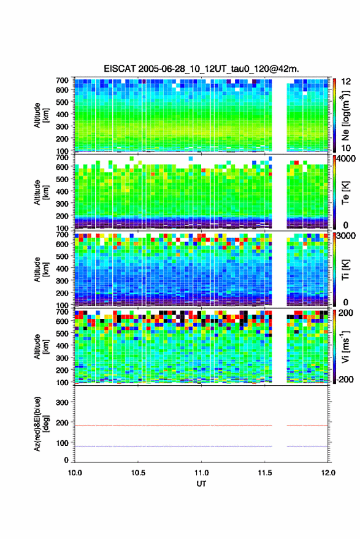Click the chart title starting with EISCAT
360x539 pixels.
(x=202, y=69)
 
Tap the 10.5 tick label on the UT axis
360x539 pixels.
(x=138, y=473)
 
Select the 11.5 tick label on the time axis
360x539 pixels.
(x=265, y=473)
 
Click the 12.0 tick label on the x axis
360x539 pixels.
(x=328, y=473)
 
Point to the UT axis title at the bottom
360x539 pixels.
(x=201, y=484)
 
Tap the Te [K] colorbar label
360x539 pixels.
(x=345, y=193)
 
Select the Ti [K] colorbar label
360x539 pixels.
(x=345, y=270)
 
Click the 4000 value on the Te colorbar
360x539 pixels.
(x=346, y=159)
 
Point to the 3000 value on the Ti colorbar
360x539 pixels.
(x=346, y=236)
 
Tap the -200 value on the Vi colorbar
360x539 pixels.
(x=345, y=379)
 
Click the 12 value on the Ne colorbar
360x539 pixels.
(x=346, y=82)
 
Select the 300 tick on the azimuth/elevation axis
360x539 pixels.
(x=62, y=402)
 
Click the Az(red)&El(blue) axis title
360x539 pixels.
(x=40, y=424)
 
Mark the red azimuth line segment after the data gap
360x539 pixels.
(x=307, y=426)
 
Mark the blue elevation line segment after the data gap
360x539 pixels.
(x=307, y=446)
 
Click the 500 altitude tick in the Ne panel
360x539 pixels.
(x=62, y=102)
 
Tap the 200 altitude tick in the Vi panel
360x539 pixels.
(x=62, y=370)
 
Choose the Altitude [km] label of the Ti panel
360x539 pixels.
(x=41, y=270)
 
